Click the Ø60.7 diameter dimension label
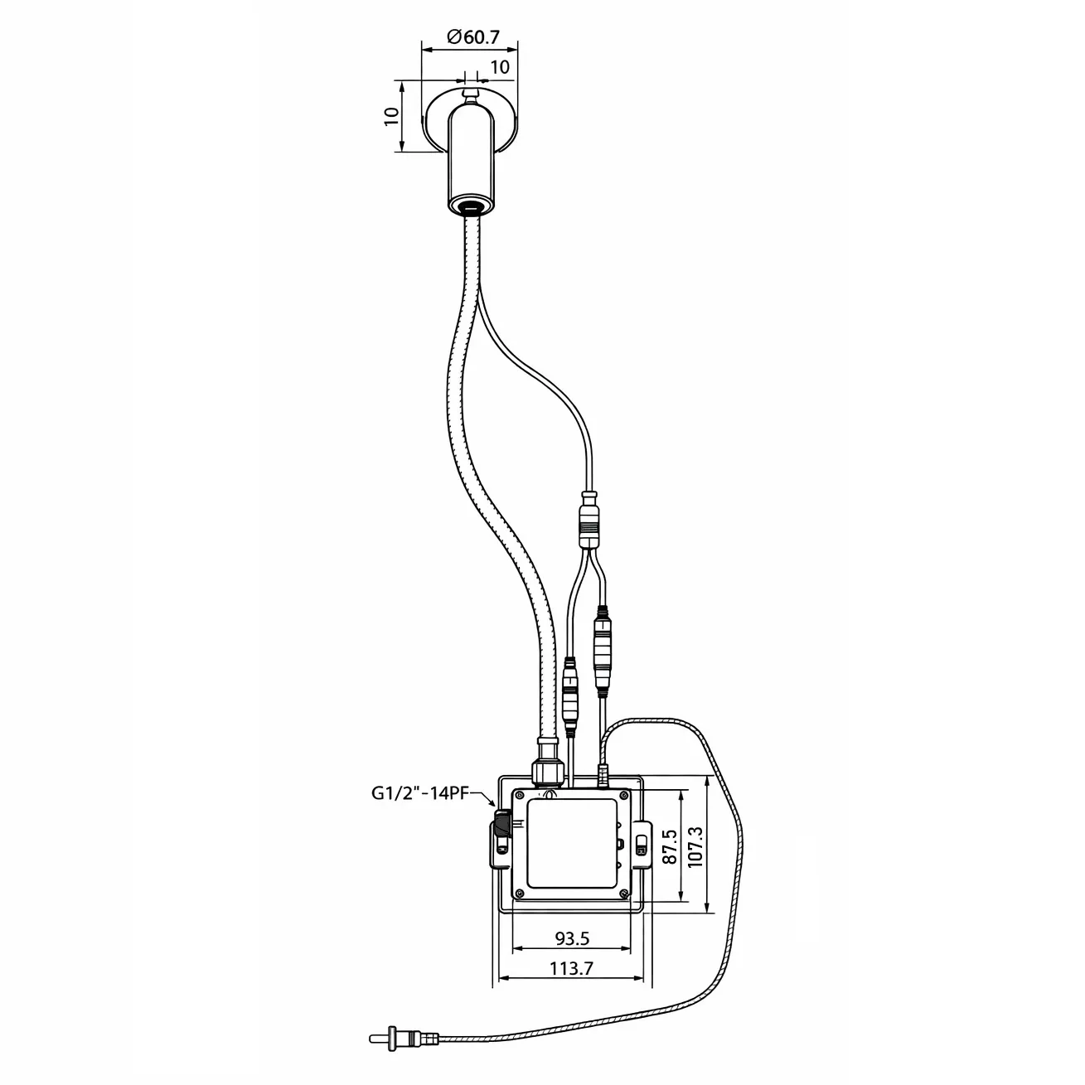[x=473, y=37]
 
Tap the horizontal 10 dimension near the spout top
[x=500, y=67]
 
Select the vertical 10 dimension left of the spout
[x=391, y=116]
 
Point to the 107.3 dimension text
[x=695, y=847]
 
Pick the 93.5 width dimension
[x=572, y=938]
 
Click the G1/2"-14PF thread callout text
[x=419, y=793]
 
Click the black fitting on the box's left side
[x=501, y=826]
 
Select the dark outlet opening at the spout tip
[x=472, y=208]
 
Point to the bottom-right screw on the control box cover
[x=623, y=894]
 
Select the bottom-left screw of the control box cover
[x=519, y=894]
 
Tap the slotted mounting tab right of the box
[x=642, y=845]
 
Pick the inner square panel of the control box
[x=571, y=844]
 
